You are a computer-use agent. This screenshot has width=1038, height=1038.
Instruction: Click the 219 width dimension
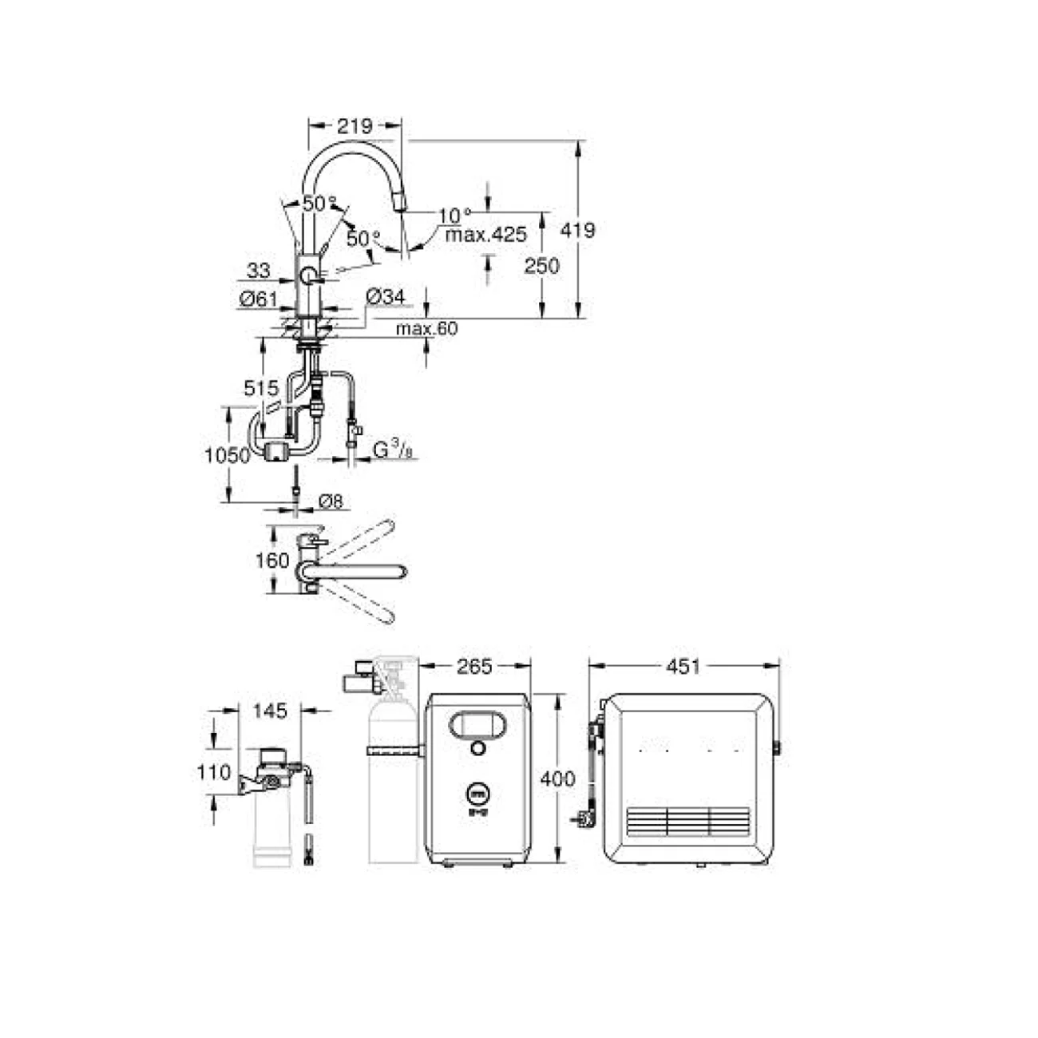click(355, 125)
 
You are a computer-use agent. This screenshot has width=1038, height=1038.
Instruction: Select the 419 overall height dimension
click(577, 230)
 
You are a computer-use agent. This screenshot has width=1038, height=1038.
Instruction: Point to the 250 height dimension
click(541, 265)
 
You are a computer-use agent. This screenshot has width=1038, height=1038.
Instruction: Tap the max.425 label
click(485, 235)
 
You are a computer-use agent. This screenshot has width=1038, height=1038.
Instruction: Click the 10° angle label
click(455, 215)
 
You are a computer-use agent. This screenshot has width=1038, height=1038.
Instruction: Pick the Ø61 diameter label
click(258, 299)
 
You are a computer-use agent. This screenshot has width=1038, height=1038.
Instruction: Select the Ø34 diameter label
click(386, 297)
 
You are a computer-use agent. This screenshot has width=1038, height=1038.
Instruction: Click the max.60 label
click(427, 328)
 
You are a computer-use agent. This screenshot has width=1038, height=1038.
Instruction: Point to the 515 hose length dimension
click(261, 389)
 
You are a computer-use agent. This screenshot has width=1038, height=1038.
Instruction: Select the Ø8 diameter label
click(331, 501)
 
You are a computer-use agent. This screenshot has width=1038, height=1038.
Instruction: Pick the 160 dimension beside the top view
click(271, 561)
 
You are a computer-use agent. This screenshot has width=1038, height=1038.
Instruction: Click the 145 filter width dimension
click(269, 710)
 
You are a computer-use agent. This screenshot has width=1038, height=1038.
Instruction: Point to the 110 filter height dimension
click(214, 772)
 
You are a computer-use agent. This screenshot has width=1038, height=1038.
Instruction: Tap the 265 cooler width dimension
click(475, 665)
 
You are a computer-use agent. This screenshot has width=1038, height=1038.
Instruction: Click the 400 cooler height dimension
click(557, 778)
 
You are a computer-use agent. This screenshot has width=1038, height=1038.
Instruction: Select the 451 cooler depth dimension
click(683, 665)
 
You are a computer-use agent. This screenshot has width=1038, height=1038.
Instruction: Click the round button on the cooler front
click(477, 748)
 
